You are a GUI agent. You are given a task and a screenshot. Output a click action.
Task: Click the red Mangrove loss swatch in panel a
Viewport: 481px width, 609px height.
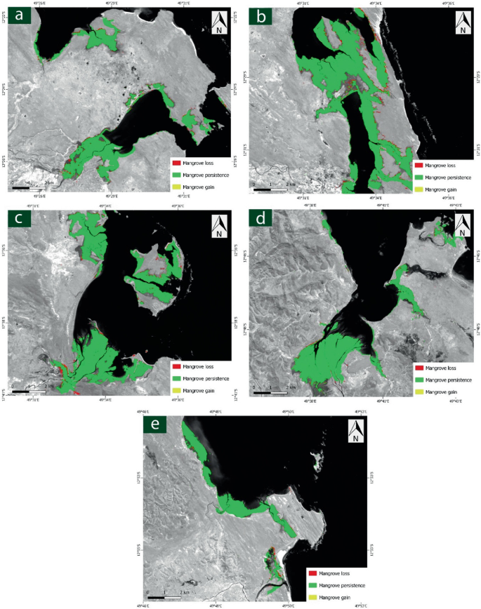[x=176, y=162]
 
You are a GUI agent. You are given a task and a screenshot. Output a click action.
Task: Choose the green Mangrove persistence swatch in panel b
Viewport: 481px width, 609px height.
[x=419, y=178]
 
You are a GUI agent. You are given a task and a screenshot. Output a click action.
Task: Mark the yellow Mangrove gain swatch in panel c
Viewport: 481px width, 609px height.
[x=176, y=390]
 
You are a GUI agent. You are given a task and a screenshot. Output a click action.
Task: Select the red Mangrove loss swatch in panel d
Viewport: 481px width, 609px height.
[x=419, y=368]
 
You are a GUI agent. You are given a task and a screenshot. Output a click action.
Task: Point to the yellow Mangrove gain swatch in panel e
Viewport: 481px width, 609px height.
[x=313, y=597]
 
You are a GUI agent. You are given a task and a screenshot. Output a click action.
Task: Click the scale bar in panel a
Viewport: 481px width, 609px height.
[x=29, y=188]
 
